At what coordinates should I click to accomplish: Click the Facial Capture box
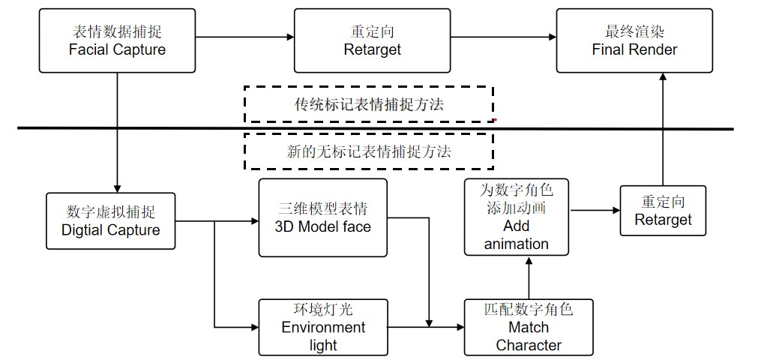(117, 40)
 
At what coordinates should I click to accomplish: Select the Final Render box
(634, 40)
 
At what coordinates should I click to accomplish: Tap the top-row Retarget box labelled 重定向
(372, 40)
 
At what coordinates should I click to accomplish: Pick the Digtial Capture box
(110, 220)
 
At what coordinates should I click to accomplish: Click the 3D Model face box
(322, 217)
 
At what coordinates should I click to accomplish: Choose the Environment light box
(323, 327)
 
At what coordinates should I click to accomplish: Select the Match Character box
(529, 327)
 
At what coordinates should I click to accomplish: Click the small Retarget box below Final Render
(663, 211)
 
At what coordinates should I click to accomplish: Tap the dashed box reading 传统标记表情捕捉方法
(368, 104)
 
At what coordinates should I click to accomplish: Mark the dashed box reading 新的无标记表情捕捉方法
(368, 151)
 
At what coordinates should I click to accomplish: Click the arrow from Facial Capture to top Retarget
(244, 36)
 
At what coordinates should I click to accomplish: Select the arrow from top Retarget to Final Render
(503, 36)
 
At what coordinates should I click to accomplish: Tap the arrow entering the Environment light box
(237, 327)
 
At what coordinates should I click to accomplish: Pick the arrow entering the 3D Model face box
(237, 222)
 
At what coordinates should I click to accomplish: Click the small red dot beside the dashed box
(496, 119)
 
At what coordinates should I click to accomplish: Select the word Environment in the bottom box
(323, 328)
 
